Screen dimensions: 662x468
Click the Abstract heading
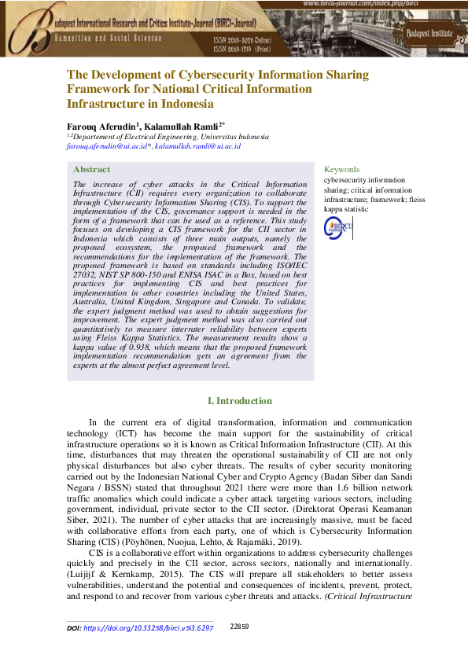click(x=91, y=170)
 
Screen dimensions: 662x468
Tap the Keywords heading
click(x=341, y=169)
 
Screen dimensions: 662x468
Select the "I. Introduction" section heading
click(x=239, y=401)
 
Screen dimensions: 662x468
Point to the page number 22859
click(x=239, y=626)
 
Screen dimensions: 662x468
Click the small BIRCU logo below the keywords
click(x=338, y=228)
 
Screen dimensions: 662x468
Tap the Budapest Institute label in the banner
click(x=431, y=33)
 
